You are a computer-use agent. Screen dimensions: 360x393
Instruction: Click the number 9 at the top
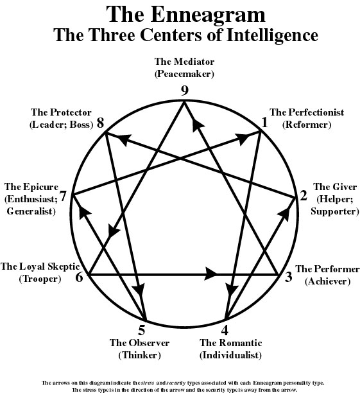point(185,91)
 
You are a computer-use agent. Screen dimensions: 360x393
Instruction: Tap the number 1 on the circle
point(264,123)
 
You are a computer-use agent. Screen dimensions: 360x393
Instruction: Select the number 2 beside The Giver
point(304,195)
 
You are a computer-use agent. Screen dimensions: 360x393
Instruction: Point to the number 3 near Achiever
point(289,277)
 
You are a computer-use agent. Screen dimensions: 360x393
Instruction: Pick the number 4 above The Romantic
point(225,330)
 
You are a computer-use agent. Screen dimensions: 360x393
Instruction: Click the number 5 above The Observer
point(142,330)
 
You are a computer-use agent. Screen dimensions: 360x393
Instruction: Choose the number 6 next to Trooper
point(79,277)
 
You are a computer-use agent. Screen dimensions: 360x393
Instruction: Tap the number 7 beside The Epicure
point(63,196)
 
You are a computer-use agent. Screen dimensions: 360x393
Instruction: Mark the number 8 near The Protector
point(101,123)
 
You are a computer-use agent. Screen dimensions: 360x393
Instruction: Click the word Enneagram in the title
point(208,14)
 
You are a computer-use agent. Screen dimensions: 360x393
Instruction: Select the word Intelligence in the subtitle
point(272,35)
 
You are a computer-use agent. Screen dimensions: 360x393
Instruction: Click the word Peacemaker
point(184,74)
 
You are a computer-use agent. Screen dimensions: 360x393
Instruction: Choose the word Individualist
point(230,355)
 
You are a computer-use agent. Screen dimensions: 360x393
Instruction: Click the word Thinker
point(139,355)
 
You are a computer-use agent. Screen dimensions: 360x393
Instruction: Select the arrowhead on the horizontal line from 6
point(210,275)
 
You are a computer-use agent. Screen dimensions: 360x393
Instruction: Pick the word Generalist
point(31,211)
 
